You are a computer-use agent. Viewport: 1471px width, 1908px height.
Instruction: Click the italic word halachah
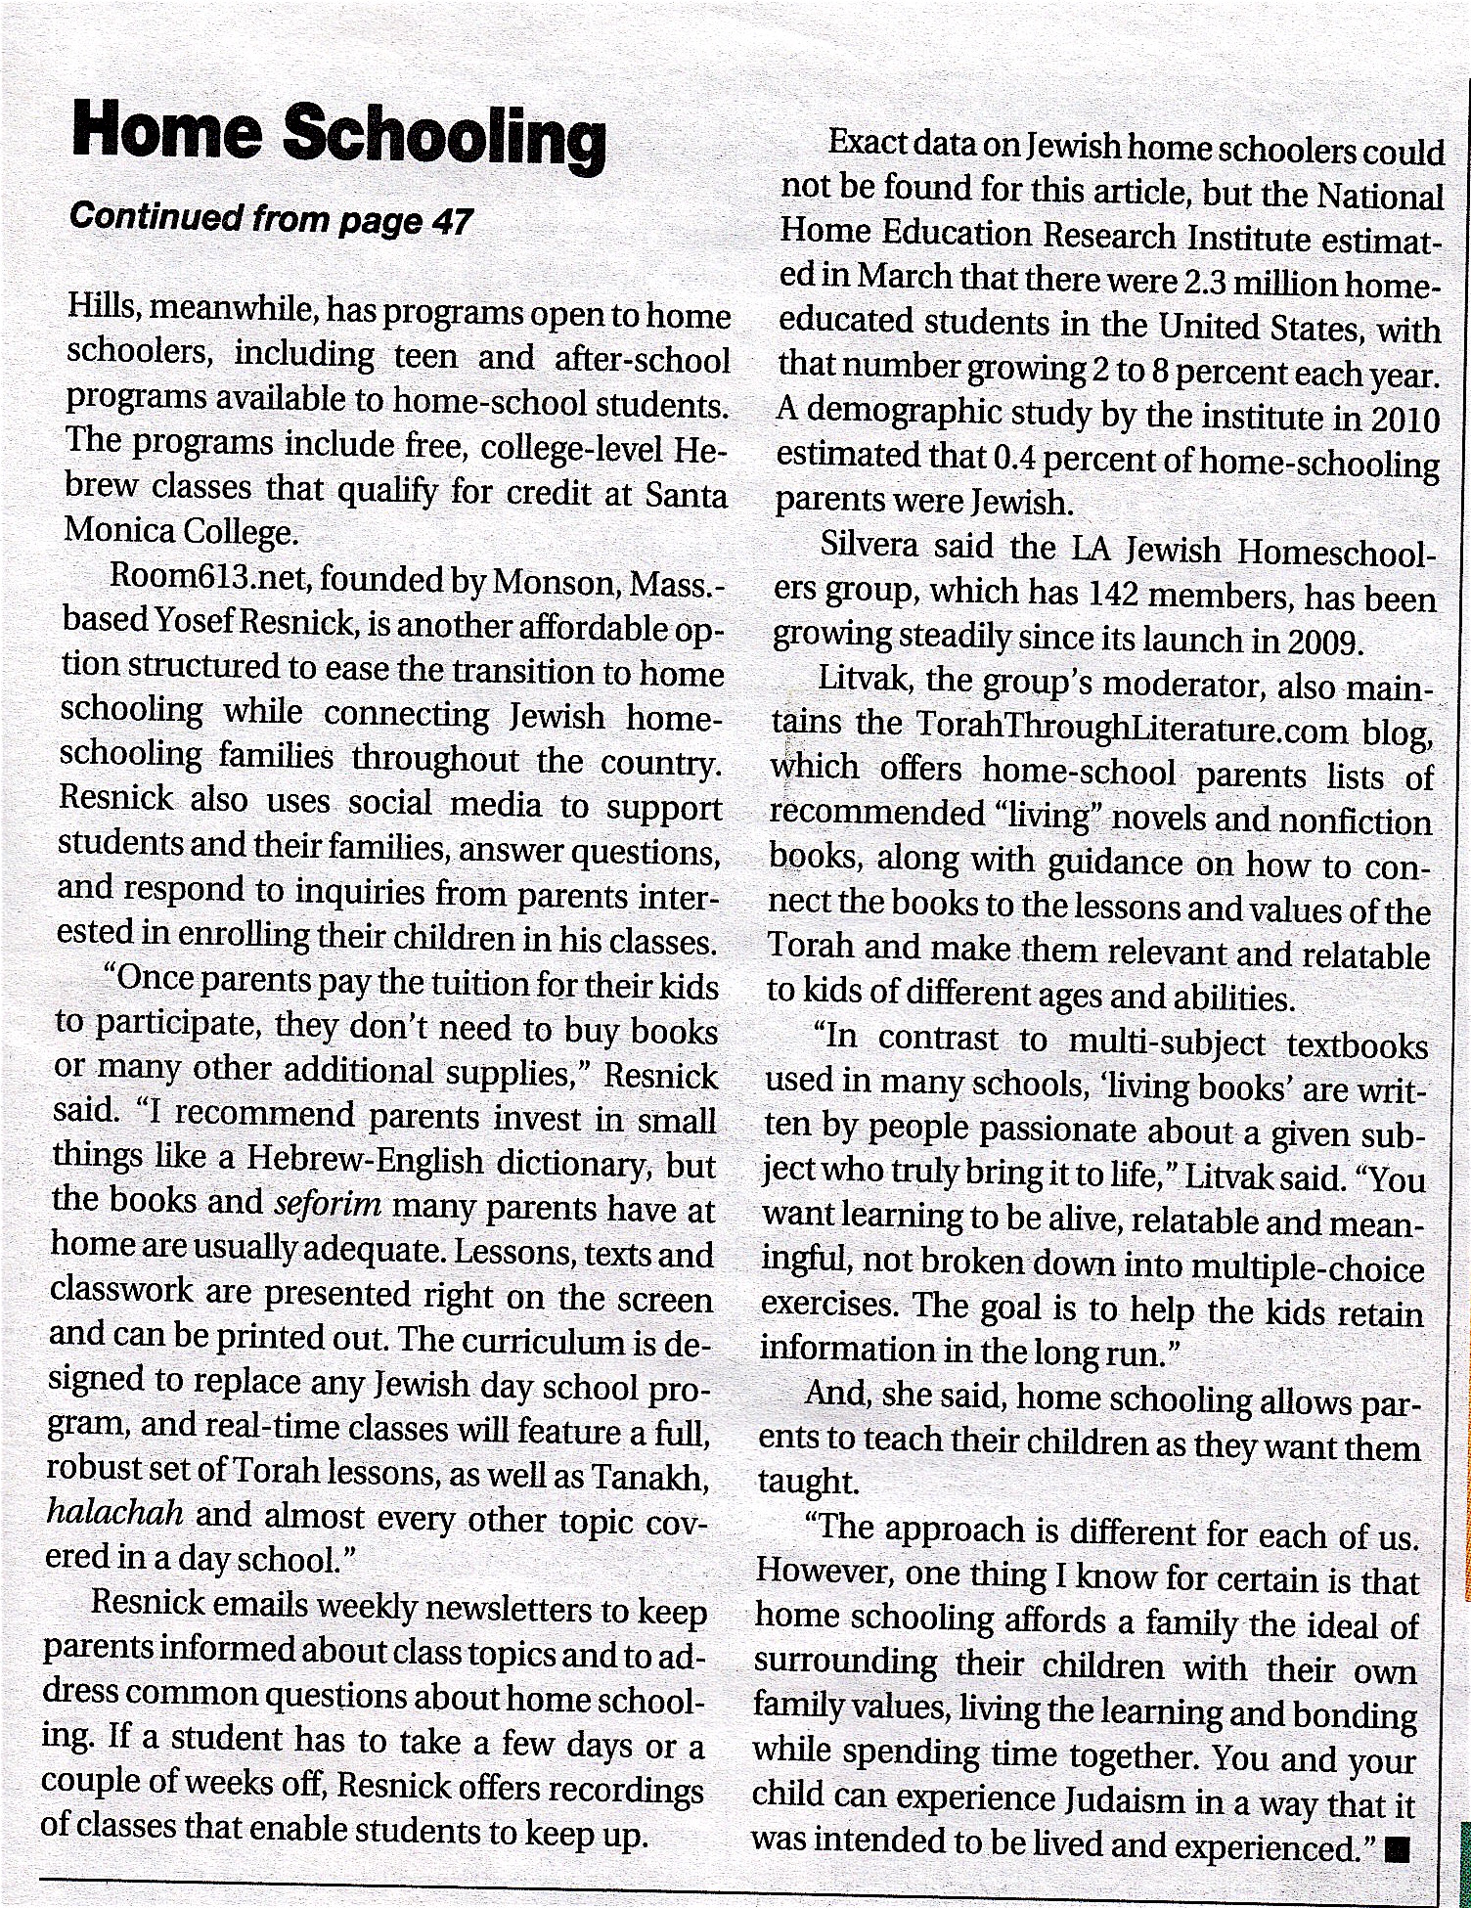click(114, 1514)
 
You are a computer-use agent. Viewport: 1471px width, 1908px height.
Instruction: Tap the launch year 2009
click(1321, 641)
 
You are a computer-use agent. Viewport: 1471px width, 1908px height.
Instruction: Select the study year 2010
click(1404, 421)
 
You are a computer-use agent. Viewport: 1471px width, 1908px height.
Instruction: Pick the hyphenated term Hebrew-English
click(365, 1162)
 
